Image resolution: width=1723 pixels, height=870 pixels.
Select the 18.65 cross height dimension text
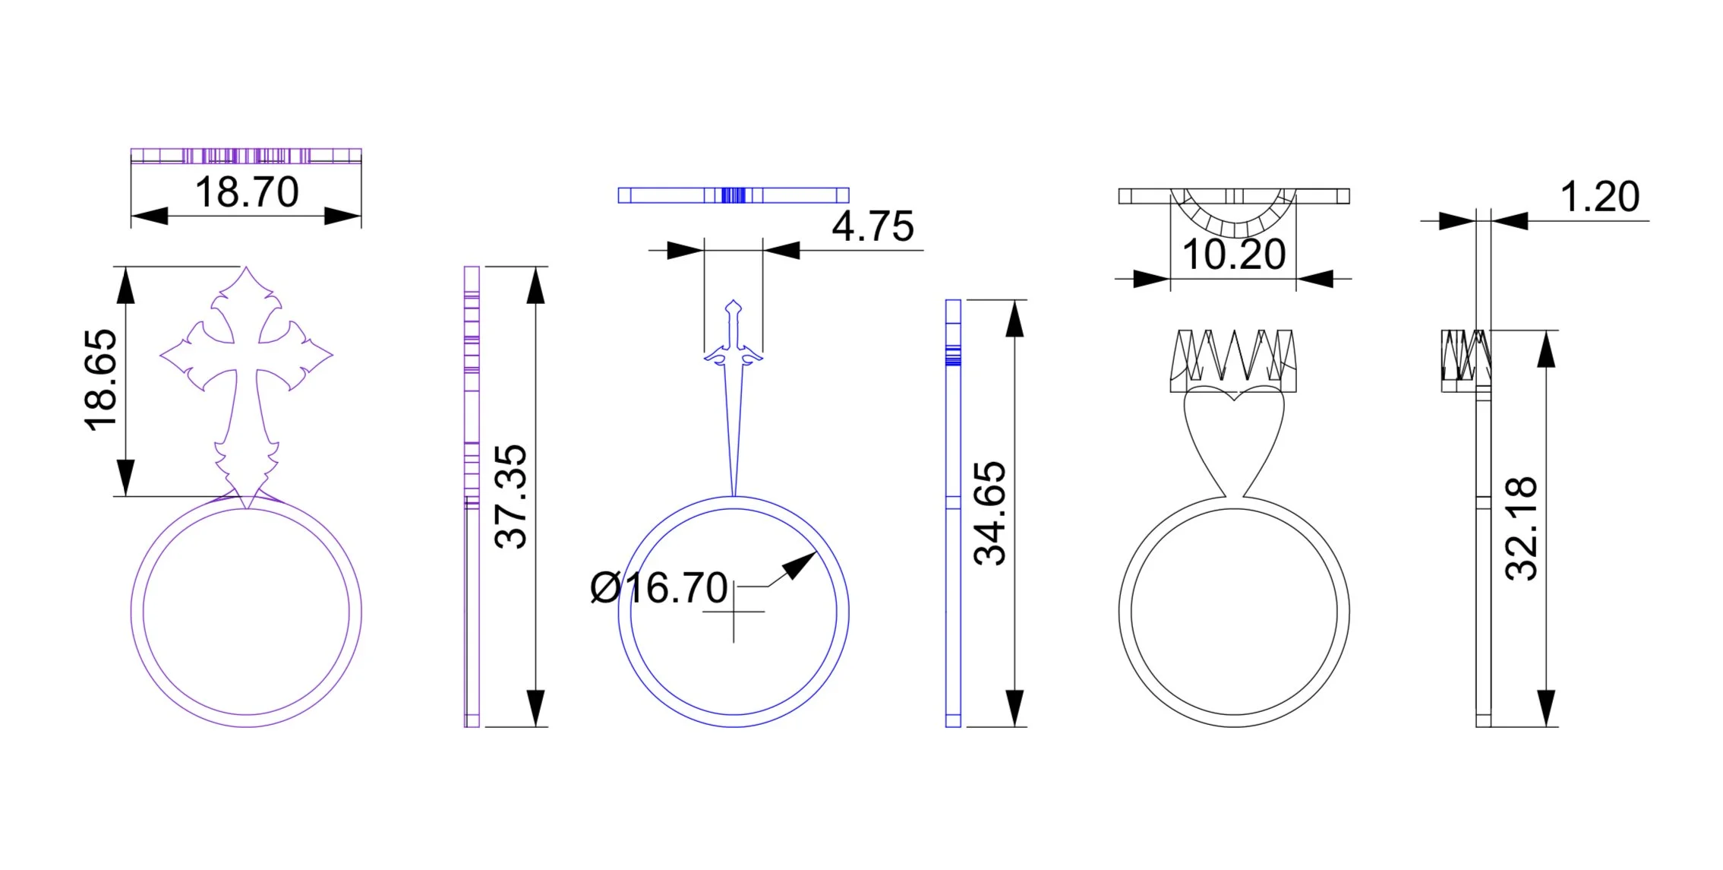[101, 381]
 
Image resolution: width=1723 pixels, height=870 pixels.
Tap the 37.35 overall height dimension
[510, 497]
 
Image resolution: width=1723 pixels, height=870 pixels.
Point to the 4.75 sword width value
[873, 226]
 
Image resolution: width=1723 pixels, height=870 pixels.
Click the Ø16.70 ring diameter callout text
[659, 588]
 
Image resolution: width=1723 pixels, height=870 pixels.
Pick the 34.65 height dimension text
[989, 513]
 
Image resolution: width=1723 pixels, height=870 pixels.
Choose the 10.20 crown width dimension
[1234, 255]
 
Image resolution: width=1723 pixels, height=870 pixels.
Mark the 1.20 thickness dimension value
[1600, 197]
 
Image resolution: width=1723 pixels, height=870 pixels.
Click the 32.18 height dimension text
[1521, 529]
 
